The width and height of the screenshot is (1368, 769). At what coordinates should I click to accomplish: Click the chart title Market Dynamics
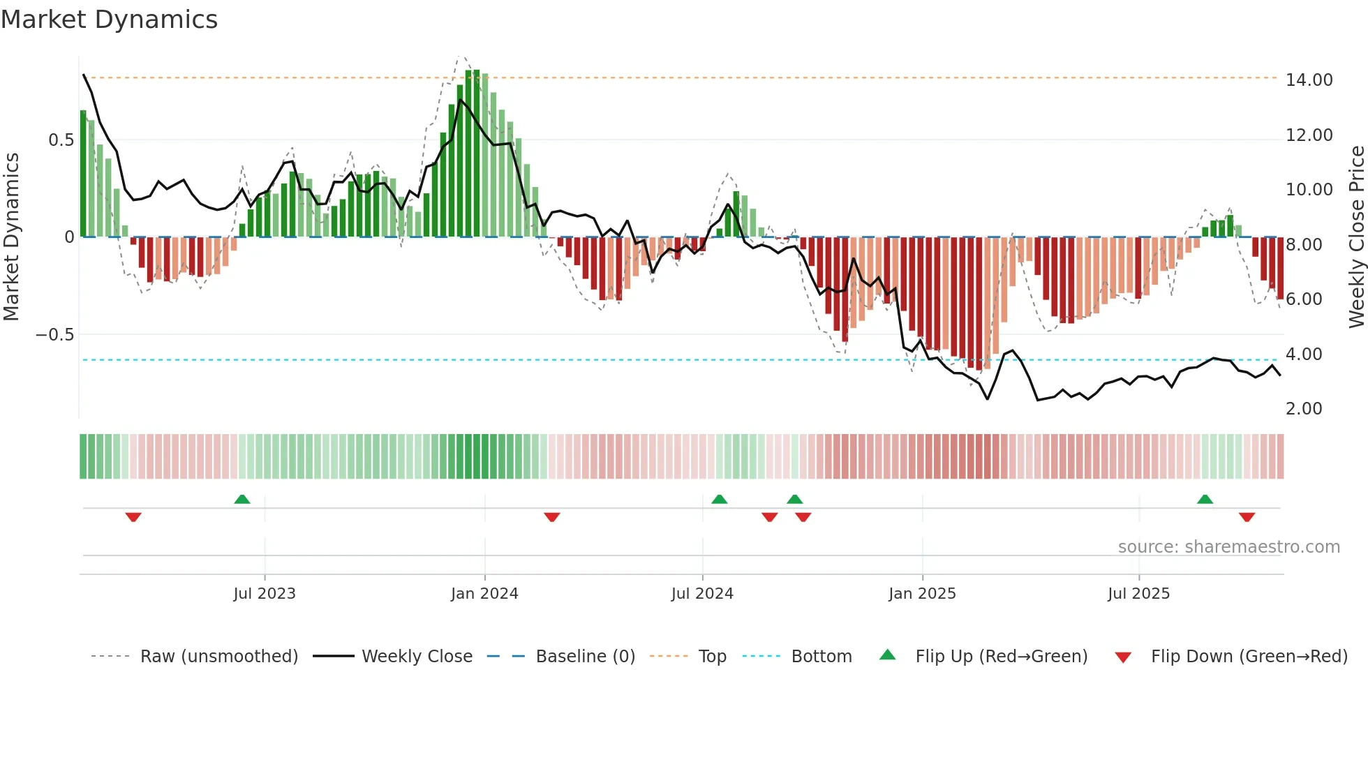pyautogui.click(x=109, y=20)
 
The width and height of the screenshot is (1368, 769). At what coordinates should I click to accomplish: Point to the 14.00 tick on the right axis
pyautogui.click(x=1309, y=80)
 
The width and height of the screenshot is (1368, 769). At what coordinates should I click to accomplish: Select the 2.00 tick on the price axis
pyautogui.click(x=1303, y=409)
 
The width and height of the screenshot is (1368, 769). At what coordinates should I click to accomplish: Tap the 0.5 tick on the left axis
pyautogui.click(x=61, y=140)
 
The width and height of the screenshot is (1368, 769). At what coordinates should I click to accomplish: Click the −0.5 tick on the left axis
pyautogui.click(x=54, y=335)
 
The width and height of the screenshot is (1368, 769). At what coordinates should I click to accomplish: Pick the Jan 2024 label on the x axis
pyautogui.click(x=484, y=594)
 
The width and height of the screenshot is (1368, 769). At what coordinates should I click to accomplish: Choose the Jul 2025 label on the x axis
pyautogui.click(x=1138, y=594)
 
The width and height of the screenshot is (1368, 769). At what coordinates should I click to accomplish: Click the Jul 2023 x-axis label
pyautogui.click(x=265, y=594)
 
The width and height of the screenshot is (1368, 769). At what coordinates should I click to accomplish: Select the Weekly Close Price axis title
pyautogui.click(x=1356, y=237)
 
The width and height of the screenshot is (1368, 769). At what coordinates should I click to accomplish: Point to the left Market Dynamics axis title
pyautogui.click(x=12, y=237)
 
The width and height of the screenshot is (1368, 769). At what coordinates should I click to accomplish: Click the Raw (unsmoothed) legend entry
pyautogui.click(x=218, y=657)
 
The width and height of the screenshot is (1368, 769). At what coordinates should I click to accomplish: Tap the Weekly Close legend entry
pyautogui.click(x=417, y=657)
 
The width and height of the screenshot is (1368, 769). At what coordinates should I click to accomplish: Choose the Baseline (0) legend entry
pyautogui.click(x=585, y=657)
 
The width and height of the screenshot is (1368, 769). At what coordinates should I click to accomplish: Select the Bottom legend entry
pyautogui.click(x=821, y=657)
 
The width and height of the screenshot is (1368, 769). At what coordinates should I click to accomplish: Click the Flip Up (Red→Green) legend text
pyautogui.click(x=1001, y=657)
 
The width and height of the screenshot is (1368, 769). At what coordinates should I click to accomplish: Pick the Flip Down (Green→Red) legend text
pyautogui.click(x=1249, y=657)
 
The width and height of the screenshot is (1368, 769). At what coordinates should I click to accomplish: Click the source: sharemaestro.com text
pyautogui.click(x=1228, y=547)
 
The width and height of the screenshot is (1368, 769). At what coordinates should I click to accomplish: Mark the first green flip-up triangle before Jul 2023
pyautogui.click(x=242, y=500)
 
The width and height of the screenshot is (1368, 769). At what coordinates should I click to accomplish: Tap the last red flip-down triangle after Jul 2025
pyautogui.click(x=1247, y=517)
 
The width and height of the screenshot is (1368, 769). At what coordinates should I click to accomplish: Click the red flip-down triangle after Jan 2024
pyautogui.click(x=552, y=517)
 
